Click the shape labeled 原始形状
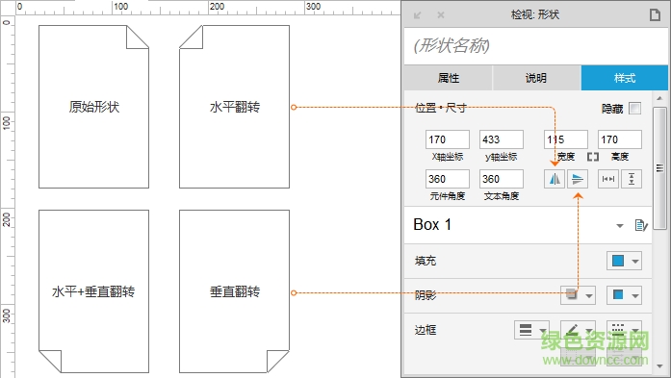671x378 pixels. [94, 107]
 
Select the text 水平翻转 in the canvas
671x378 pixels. [235, 107]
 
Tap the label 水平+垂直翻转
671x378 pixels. [94, 291]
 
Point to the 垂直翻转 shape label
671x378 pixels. [235, 291]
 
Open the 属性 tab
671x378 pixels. [448, 78]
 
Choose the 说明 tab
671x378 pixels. [536, 78]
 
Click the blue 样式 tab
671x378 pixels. [624, 78]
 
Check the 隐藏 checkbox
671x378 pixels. [634, 110]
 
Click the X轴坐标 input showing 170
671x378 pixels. [447, 139]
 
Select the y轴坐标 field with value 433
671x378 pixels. [502, 139]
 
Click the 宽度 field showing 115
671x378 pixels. [564, 139]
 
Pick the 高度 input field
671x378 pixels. [620, 139]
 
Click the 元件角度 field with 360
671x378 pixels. [447, 179]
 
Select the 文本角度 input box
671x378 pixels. [502, 179]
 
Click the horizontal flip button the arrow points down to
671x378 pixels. [555, 179]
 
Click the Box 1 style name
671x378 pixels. [433, 225]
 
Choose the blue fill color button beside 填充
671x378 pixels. [618, 261]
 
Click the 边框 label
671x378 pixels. [426, 329]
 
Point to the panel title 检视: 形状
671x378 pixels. [534, 14]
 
